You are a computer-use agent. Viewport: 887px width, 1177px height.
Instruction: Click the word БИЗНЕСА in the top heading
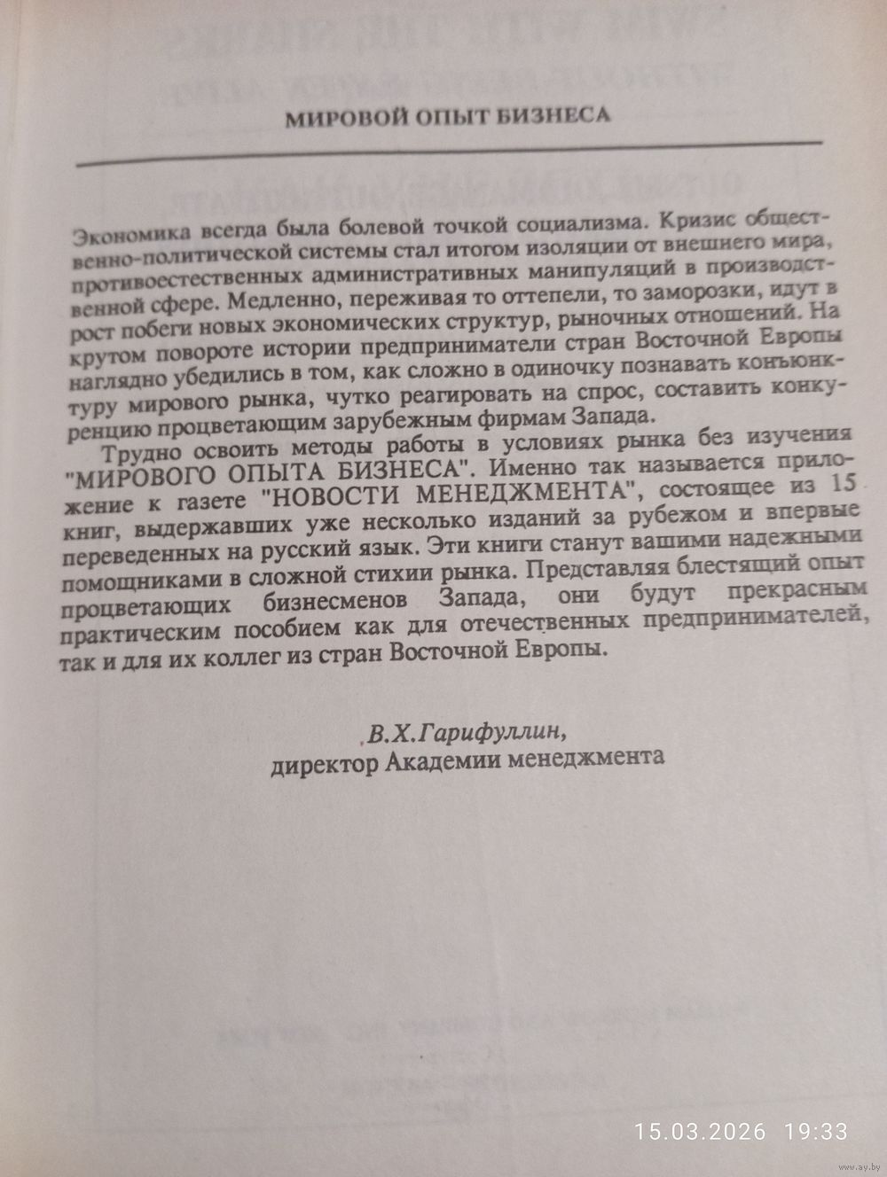[x=557, y=118]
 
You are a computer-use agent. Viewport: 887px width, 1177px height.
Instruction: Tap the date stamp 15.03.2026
[x=700, y=1131]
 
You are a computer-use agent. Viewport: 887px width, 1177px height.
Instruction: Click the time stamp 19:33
[x=815, y=1131]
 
